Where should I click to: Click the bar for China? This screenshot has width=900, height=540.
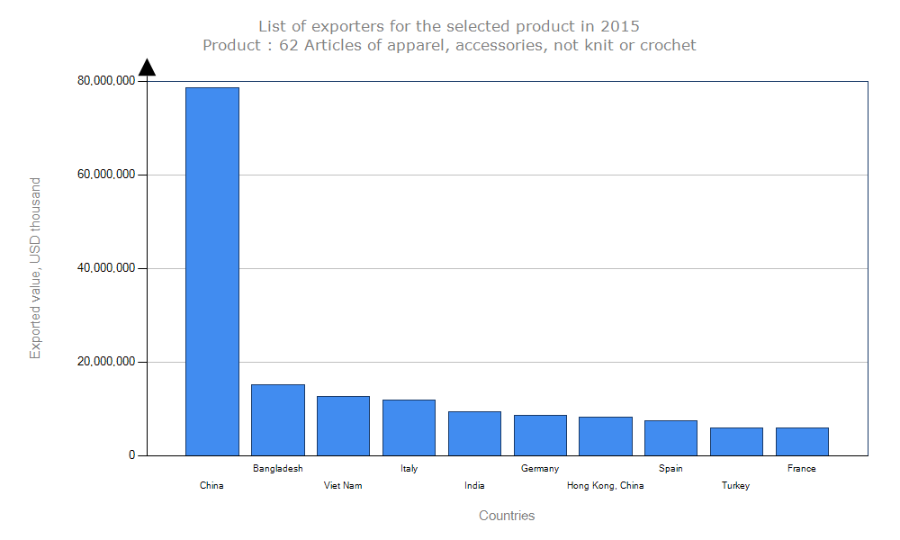point(212,270)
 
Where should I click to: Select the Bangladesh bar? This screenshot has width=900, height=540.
point(278,419)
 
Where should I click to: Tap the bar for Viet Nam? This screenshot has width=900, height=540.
point(343,426)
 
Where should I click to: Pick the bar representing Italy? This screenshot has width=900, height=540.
point(409,427)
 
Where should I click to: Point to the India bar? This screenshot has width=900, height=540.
point(474,433)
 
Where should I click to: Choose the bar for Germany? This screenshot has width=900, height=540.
point(540,435)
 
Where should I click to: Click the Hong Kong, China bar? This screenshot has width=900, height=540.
point(606,436)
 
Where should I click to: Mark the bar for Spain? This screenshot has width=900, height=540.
point(670,437)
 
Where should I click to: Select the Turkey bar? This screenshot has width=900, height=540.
point(736,441)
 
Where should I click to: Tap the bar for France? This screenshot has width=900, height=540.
point(802,441)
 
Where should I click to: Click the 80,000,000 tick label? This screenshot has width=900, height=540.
point(106,81)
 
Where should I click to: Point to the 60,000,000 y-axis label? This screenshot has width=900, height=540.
point(106,175)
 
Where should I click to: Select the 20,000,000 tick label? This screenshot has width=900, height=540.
point(106,362)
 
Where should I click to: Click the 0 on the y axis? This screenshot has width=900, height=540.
point(131,455)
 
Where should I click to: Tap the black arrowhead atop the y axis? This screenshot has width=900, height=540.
point(148,67)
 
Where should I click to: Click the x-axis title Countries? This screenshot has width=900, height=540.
point(507,516)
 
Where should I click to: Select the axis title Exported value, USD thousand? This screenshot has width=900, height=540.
point(36,268)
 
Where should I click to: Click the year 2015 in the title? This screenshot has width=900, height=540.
point(621,26)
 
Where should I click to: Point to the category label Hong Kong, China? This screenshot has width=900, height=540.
point(606,486)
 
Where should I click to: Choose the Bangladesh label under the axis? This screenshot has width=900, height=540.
point(278,469)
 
